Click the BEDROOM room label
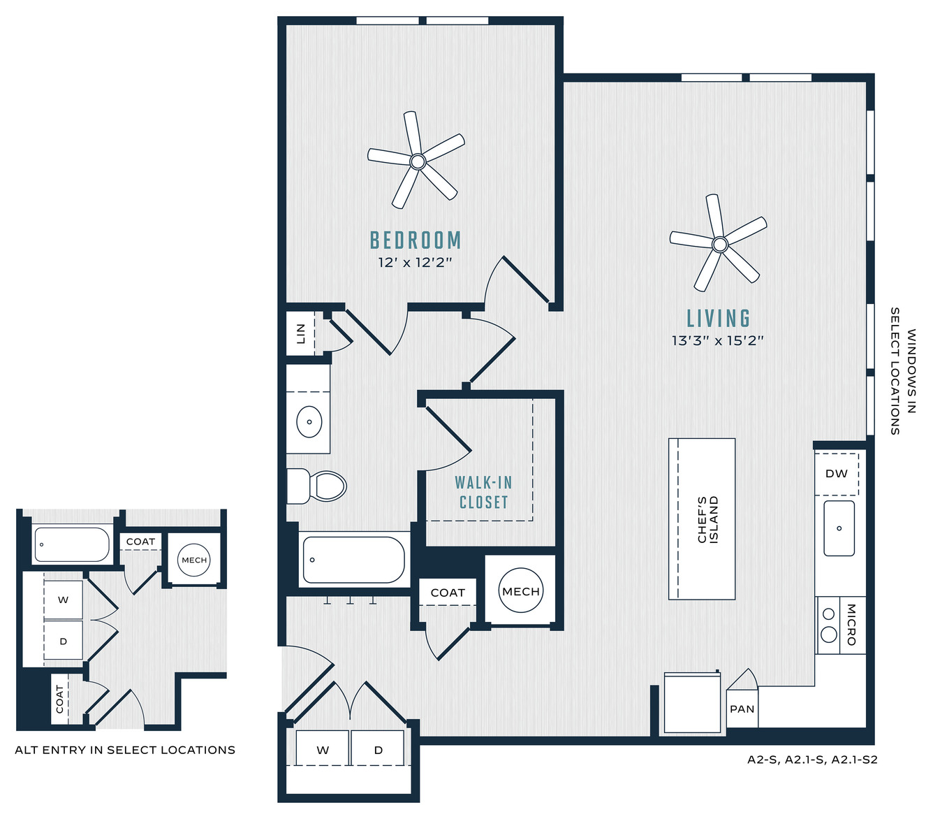[x=416, y=240]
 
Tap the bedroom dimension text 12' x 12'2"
[x=415, y=263]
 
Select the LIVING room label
[x=719, y=319]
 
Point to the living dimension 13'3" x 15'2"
[x=718, y=340]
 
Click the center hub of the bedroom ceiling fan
[x=418, y=161]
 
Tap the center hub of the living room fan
[x=720, y=245]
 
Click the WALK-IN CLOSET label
[x=483, y=493]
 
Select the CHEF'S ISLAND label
[x=708, y=520]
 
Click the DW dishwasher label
[x=837, y=473]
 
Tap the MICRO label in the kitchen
[x=851, y=625]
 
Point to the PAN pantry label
[x=742, y=709]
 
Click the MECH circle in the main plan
[x=521, y=590]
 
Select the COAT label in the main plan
[x=448, y=593]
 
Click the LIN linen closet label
[x=301, y=334]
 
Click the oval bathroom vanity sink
[x=309, y=421]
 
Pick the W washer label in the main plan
[x=323, y=750]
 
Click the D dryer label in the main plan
[x=378, y=750]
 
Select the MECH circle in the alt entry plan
[x=194, y=560]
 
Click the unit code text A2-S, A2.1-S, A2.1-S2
[x=812, y=760]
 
